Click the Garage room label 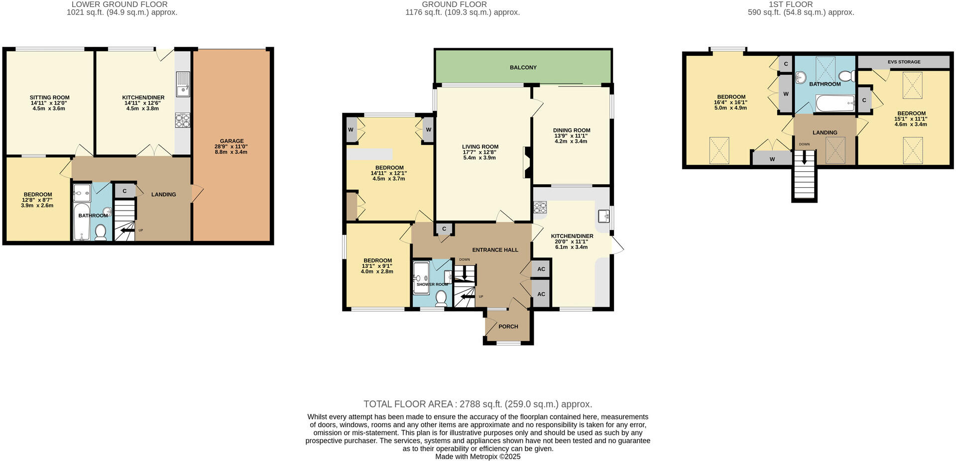tap(232, 141)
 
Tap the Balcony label tap(523, 67)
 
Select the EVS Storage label tap(904, 62)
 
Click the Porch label tap(508, 327)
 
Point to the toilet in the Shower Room tap(441, 298)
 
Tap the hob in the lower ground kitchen tap(181, 119)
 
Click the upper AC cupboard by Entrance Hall tap(541, 269)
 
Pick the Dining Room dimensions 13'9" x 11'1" tap(571, 136)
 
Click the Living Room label tap(480, 147)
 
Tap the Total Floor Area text tap(478, 404)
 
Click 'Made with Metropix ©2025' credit tap(478, 457)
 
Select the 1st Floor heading tap(801, 4)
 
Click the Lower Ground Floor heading tap(122, 4)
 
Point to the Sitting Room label tap(49, 98)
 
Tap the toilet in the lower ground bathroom tap(101, 232)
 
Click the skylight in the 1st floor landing tap(836, 150)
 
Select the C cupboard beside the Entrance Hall tap(444, 229)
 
